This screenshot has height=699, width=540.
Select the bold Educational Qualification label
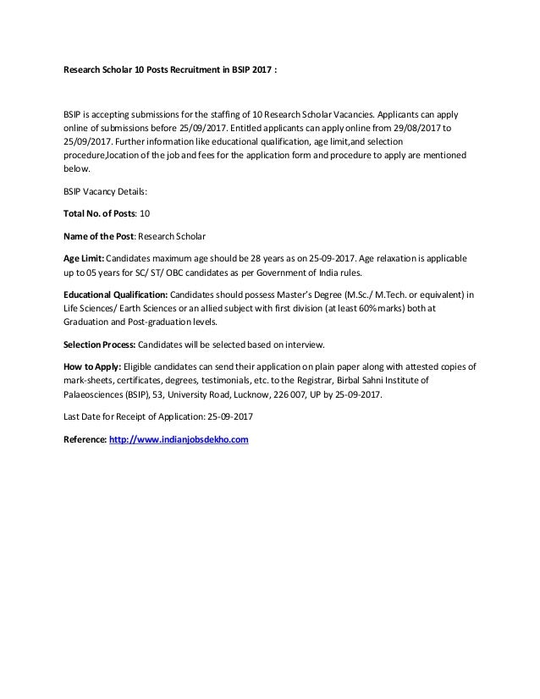(115, 294)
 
